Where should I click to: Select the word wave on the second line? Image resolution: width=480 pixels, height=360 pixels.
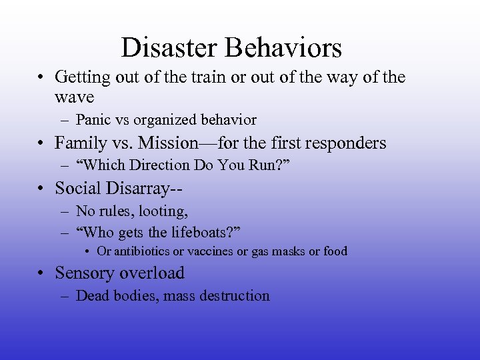click(74, 97)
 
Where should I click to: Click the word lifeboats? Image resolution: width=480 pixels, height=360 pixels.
click(199, 231)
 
